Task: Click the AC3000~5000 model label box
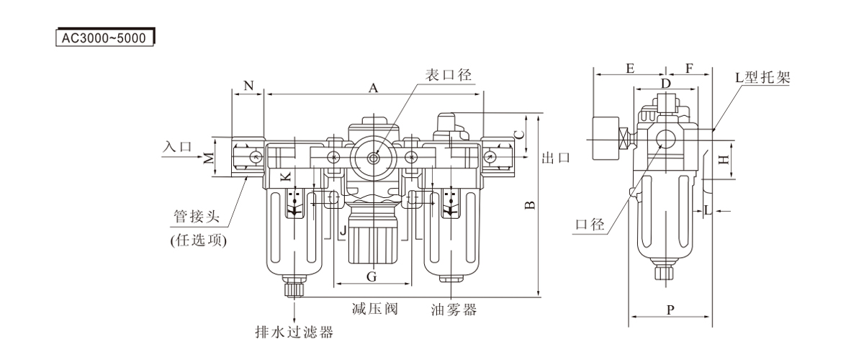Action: [x=104, y=36]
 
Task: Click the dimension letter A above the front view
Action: [x=373, y=88]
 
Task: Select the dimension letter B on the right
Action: [x=529, y=205]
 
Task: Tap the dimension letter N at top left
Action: [x=249, y=86]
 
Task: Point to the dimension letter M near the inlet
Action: [x=208, y=158]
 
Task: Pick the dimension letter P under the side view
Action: [x=670, y=311]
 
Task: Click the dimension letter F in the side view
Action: [x=689, y=69]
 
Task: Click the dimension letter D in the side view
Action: [x=666, y=84]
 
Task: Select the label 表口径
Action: [x=447, y=75]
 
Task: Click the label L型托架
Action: [x=763, y=76]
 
